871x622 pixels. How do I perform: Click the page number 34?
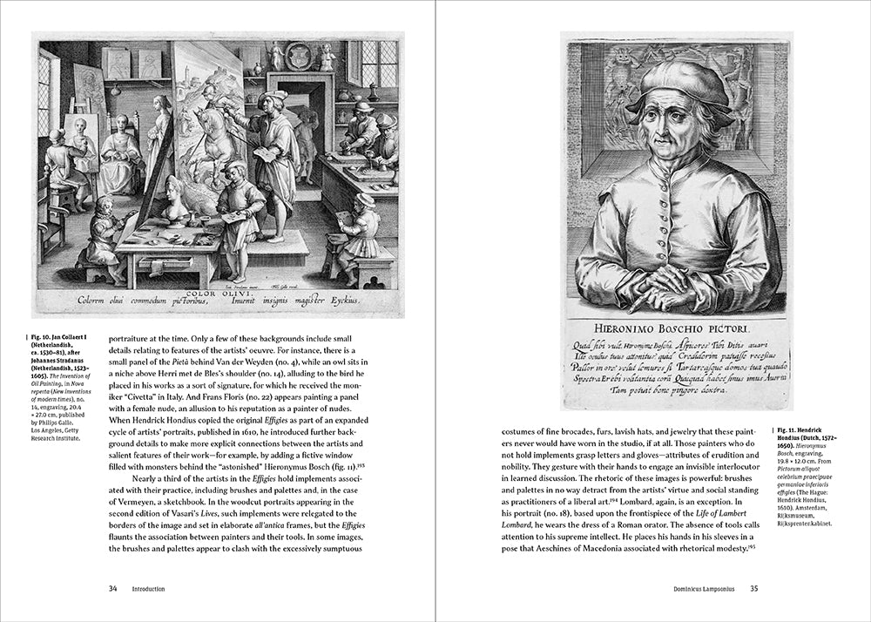[112, 588]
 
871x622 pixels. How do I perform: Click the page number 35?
[754, 588]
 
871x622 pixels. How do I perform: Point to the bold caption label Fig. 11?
[787, 431]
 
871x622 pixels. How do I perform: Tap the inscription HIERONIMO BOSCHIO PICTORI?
[677, 328]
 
